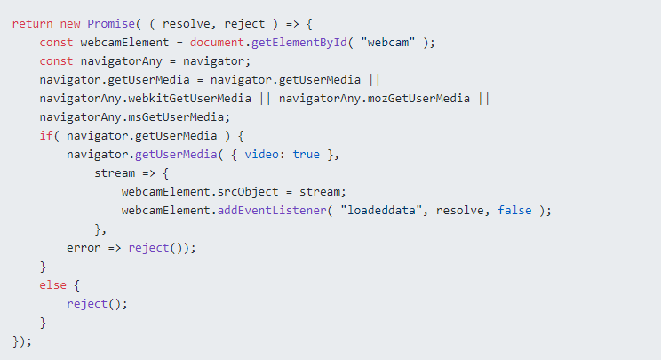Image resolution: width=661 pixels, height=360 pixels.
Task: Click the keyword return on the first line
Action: (x=33, y=24)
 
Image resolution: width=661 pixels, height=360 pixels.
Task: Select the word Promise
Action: (x=111, y=24)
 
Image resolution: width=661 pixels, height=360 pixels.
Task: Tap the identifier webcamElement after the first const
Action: (x=124, y=43)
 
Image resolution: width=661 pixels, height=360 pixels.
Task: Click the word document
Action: (x=217, y=43)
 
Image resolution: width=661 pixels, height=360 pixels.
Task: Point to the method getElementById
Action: (x=299, y=43)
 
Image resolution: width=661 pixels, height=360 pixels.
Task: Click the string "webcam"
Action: (x=388, y=42)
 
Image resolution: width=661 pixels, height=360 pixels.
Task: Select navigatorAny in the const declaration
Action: (x=121, y=61)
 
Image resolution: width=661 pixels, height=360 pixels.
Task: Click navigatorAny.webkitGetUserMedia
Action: (x=145, y=99)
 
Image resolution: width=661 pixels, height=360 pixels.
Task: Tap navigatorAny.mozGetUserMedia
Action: (x=374, y=99)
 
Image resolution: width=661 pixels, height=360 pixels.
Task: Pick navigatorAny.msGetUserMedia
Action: (x=131, y=117)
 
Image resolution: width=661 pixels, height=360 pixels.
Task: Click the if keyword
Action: (x=46, y=136)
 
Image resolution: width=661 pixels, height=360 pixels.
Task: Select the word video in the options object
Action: (x=261, y=155)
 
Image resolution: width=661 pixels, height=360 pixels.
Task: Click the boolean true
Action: (x=306, y=155)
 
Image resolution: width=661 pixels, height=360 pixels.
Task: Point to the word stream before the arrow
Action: (x=115, y=173)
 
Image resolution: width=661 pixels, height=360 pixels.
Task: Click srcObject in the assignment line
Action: (x=248, y=192)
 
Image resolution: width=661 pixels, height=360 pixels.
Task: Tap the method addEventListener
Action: (x=272, y=211)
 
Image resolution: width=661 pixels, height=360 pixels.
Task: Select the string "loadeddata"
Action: (x=381, y=210)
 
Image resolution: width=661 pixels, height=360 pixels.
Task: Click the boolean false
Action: (x=514, y=211)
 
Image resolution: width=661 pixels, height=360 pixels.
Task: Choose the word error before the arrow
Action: (x=84, y=248)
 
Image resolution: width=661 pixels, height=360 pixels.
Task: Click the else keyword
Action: (x=52, y=285)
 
